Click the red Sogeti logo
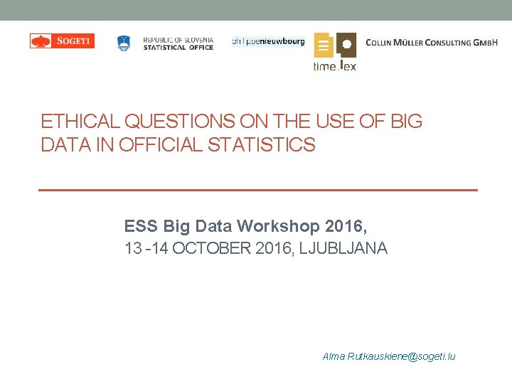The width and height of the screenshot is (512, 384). click(62, 41)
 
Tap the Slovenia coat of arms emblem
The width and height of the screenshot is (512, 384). click(124, 43)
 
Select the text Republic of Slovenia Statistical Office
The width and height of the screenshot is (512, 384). click(178, 43)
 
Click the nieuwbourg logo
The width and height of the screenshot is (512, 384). click(268, 41)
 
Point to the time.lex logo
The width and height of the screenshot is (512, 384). click(335, 52)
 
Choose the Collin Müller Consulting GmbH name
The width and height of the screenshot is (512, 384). click(432, 43)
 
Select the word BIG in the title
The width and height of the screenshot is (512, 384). click(407, 122)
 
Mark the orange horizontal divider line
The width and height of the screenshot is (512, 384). click(257, 190)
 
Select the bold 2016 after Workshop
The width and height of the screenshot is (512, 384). click(346, 227)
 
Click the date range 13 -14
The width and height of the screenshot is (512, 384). click(146, 249)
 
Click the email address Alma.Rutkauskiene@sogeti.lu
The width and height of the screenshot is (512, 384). click(388, 356)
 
